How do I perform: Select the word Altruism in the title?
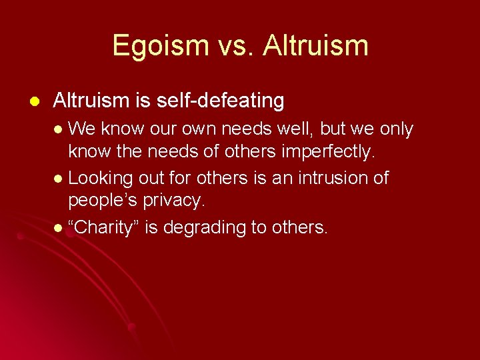click(315, 46)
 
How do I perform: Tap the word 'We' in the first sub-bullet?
click(82, 129)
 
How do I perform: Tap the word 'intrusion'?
click(327, 178)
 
